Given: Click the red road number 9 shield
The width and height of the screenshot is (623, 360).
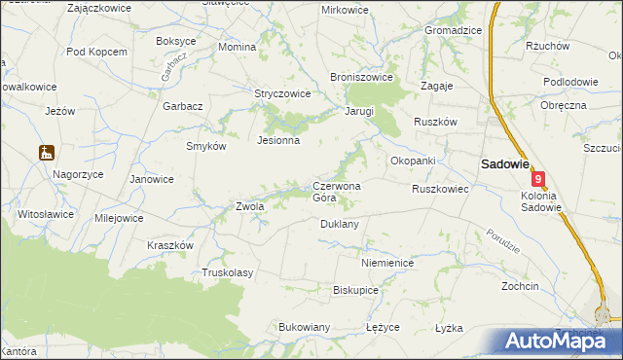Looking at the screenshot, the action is tap(538, 179).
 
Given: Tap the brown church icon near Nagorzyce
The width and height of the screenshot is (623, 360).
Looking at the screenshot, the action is tap(45, 152).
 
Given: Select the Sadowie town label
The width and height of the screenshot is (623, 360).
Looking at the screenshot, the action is tap(502, 164).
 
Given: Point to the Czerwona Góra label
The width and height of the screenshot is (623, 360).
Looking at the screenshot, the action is tap(337, 192).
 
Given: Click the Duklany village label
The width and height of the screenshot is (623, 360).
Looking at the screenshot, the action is tap(340, 224).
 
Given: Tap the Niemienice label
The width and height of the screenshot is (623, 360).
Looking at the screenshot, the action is tap(387, 263).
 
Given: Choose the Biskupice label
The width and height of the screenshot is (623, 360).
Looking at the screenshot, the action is tap(355, 290).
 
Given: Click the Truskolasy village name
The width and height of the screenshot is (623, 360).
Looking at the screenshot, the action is tap(227, 272).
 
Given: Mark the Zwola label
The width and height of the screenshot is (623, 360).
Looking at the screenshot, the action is tap(250, 206).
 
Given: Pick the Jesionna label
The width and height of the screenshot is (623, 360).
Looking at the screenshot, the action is tap(277, 140).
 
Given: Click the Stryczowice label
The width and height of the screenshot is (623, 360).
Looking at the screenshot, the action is tap(282, 94).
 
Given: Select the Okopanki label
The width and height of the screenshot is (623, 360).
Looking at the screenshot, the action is tap(412, 161).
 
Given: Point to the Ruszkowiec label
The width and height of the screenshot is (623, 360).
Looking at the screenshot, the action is tap(441, 189).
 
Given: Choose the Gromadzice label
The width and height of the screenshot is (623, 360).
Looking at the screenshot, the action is tap(453, 30).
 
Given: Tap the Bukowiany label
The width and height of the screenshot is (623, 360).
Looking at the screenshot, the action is tap(306, 327).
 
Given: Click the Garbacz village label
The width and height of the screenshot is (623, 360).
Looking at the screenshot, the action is tap(183, 105).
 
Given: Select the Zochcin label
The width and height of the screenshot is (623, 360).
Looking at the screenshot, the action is tap(520, 287).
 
